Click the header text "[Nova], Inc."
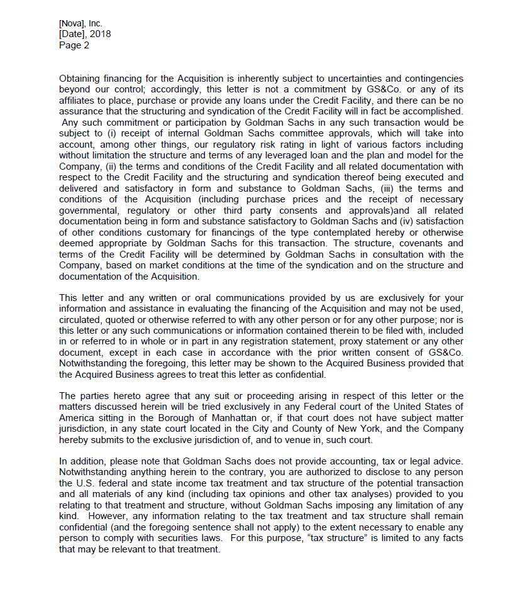pos(80,24)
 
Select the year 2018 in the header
pos(99,34)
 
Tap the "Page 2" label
pos(74,45)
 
